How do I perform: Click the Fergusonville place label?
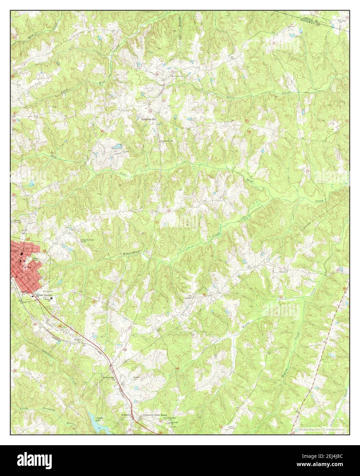(149, 120)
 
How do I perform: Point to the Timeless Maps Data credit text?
(322, 429)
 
